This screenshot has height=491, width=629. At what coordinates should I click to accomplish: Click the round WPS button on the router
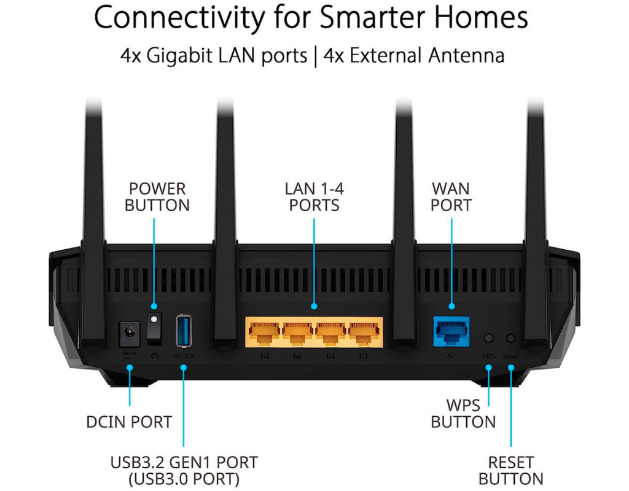[489, 338]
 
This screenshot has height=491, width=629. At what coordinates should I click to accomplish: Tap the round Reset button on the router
[510, 338]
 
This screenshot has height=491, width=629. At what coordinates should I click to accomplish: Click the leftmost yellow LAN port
[265, 334]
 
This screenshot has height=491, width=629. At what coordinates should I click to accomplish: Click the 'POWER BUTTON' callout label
[157, 196]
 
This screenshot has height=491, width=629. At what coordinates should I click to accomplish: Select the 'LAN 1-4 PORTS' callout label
[314, 196]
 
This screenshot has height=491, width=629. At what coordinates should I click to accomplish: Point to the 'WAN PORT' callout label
[451, 196]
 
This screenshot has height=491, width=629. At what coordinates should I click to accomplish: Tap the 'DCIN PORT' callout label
[129, 422]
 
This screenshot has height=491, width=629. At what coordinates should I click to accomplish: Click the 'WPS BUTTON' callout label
[463, 414]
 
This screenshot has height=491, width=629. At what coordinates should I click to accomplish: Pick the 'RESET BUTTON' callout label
[511, 470]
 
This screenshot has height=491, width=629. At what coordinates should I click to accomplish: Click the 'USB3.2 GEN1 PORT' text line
[184, 462]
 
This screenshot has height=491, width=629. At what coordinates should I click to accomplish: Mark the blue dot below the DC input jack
[130, 367]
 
